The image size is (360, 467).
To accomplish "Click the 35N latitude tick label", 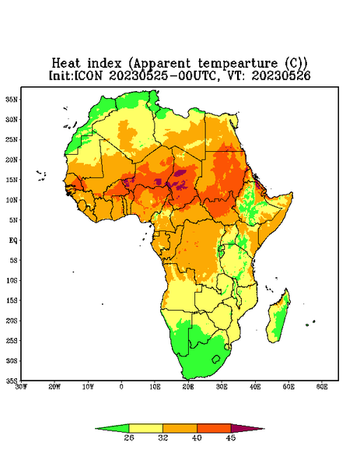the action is pyautogui.click(x=12, y=99).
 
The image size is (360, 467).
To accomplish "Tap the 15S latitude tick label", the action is pyautogui.click(x=12, y=300).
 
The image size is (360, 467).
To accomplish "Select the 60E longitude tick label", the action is pyautogui.click(x=322, y=387).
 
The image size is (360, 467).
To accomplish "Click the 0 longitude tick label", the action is pyautogui.click(x=121, y=387).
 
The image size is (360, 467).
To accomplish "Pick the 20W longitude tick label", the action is pyautogui.click(x=54, y=387).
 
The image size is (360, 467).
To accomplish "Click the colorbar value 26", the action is pyautogui.click(x=129, y=437).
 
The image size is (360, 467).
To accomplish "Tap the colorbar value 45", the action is pyautogui.click(x=231, y=437).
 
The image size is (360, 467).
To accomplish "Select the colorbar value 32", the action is pyautogui.click(x=163, y=437).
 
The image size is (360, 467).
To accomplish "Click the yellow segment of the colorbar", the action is pyautogui.click(x=145, y=428).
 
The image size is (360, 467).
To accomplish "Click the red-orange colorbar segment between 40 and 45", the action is pyautogui.click(x=214, y=428).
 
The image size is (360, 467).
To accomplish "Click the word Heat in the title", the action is pyautogui.click(x=66, y=63).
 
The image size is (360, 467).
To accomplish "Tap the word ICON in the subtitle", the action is pyautogui.click(x=89, y=75).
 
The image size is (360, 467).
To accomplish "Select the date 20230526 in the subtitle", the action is pyautogui.click(x=281, y=75).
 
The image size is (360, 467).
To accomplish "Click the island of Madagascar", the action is pyautogui.click(x=278, y=318).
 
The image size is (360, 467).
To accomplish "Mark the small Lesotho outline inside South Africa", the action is pyautogui.click(x=216, y=359).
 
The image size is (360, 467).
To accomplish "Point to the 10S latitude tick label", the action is pyautogui.click(x=12, y=280).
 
